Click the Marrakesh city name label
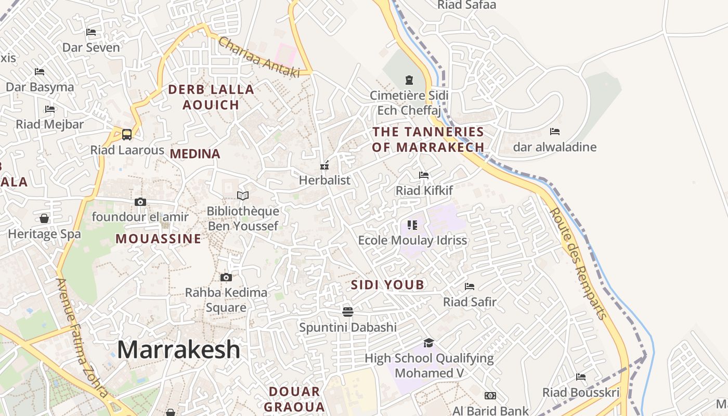(x=178, y=349)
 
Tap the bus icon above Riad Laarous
(x=127, y=135)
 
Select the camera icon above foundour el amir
(x=140, y=202)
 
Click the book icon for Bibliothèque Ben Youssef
(x=243, y=196)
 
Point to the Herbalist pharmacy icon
(x=325, y=166)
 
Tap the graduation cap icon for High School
(x=428, y=343)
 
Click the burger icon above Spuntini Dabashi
(x=348, y=312)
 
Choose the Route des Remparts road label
(x=578, y=264)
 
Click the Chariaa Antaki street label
(x=259, y=58)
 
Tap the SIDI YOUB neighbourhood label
(x=387, y=285)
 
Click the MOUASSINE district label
(x=158, y=239)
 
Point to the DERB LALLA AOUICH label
(x=211, y=97)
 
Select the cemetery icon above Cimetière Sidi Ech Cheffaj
(x=409, y=81)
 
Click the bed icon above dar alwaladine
(x=555, y=132)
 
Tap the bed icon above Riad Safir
(x=470, y=287)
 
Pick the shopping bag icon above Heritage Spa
(x=44, y=218)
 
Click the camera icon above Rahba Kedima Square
(x=226, y=277)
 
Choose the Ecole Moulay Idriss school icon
(x=412, y=225)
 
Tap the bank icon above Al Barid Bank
(x=490, y=396)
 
